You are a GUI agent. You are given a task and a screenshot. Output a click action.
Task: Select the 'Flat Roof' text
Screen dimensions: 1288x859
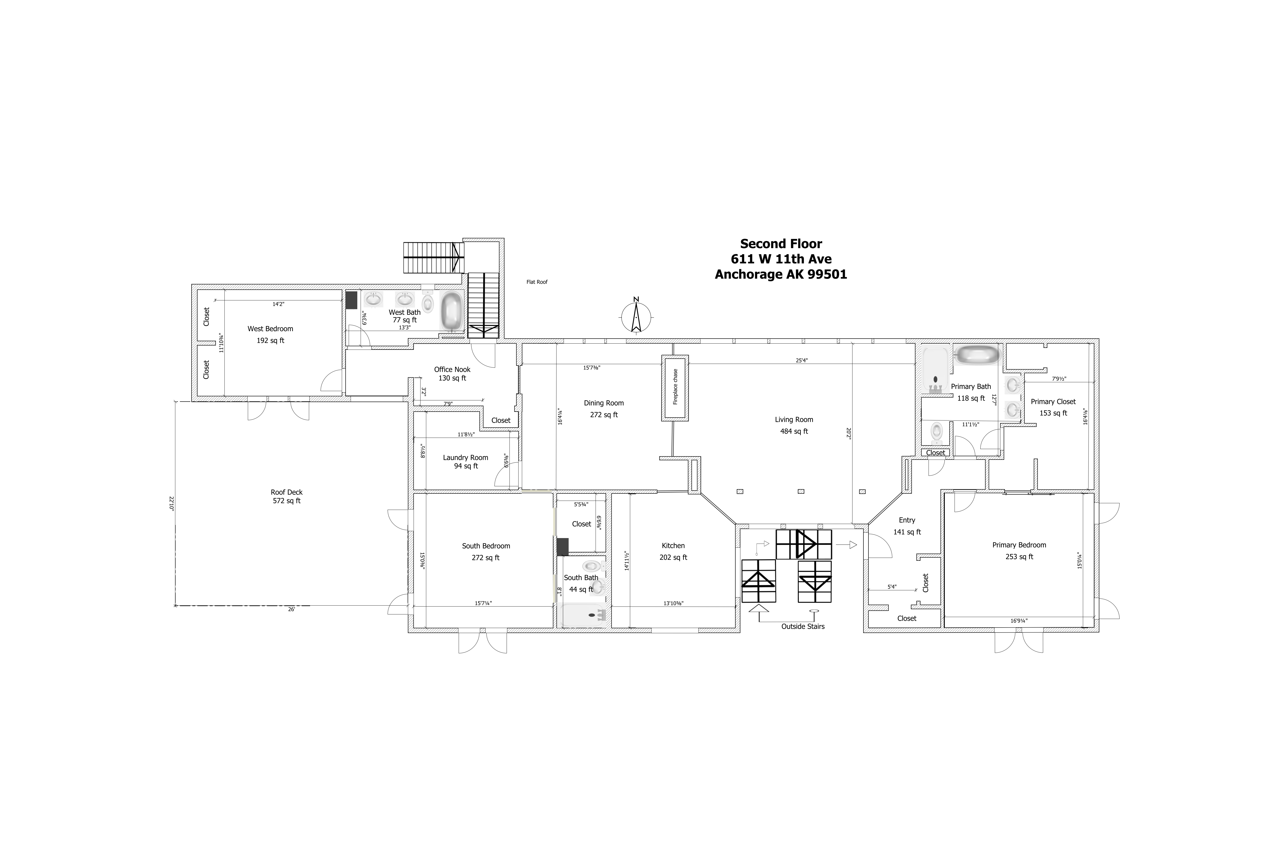click(537, 282)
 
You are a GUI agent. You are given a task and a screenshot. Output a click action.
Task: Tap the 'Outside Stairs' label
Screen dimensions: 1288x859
click(803, 626)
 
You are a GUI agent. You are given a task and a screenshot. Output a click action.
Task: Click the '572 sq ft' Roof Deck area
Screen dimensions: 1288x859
click(286, 501)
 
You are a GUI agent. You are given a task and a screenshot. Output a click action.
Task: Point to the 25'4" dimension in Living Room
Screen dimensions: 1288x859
click(802, 361)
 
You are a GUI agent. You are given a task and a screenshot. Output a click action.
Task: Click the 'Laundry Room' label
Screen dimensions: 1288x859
click(466, 457)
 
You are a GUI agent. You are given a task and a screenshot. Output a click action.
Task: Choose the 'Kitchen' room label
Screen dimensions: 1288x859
click(673, 546)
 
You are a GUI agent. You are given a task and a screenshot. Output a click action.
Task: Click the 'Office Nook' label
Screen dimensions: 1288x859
click(452, 369)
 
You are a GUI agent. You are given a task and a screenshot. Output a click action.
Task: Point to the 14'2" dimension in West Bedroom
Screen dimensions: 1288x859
click(278, 304)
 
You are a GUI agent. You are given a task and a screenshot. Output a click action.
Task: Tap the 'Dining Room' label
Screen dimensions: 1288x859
click(603, 403)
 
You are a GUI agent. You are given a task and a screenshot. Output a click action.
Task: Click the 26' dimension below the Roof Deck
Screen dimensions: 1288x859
click(291, 609)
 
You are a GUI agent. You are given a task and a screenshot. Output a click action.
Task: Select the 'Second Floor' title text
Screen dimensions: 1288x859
click(781, 244)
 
